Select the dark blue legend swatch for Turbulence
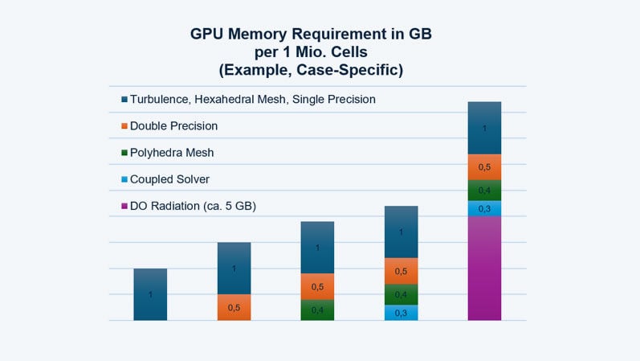tap(124, 100)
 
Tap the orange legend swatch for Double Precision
tap(124, 126)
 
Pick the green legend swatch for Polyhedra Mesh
tap(124, 153)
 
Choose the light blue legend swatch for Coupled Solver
tap(124, 179)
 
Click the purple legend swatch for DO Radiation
tap(124, 207)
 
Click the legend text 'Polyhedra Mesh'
tap(172, 153)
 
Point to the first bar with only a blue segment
tap(150, 294)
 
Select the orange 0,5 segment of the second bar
tap(234, 307)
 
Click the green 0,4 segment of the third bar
tap(317, 310)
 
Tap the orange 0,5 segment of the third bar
tap(317, 287)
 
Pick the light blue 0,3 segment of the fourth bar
tap(401, 313)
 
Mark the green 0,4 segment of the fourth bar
tap(401, 294)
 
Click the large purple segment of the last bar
tap(484, 269)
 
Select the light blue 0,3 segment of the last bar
tap(484, 209)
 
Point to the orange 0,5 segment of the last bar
tap(484, 166)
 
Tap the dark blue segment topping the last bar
tap(484, 128)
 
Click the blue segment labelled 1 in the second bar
tap(234, 268)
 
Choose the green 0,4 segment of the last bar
tap(484, 191)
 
